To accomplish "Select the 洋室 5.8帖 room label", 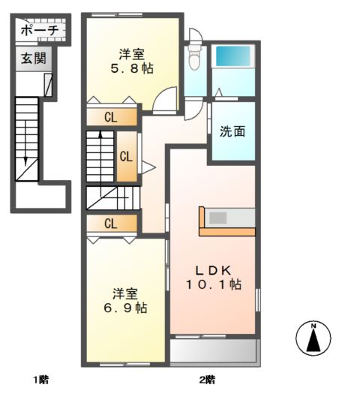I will coord(131,61).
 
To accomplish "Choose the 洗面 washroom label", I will coord(232,131).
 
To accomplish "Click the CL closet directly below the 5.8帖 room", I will coord(111,117).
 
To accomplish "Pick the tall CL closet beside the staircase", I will coord(126,157).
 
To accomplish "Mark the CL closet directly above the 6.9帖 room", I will coord(111,223).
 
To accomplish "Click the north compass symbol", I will coord(313,338).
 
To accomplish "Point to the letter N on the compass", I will coord(313,326).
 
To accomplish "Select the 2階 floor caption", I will coord(208,379).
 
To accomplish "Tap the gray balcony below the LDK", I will coord(213,350).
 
